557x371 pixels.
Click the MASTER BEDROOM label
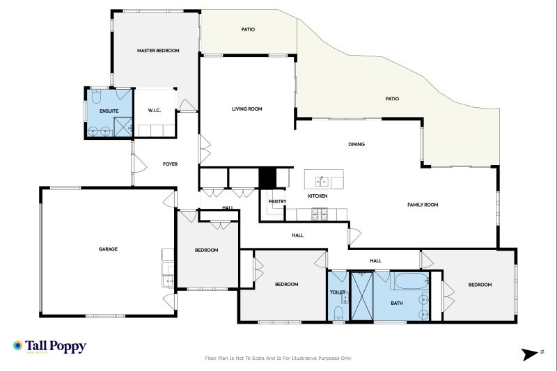click(158, 51)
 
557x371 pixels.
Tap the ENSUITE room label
click(109, 111)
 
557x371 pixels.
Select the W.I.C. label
click(155, 111)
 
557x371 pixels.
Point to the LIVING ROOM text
click(246, 109)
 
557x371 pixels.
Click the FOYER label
click(171, 164)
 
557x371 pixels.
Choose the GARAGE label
click(107, 248)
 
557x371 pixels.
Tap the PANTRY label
click(278, 202)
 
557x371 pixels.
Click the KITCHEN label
click(317, 196)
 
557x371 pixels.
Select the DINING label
click(356, 145)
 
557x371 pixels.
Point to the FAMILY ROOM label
click(423, 205)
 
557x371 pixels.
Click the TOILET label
click(337, 292)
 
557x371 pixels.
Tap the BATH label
click(397, 303)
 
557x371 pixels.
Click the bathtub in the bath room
click(411, 282)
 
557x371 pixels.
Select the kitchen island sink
click(322, 182)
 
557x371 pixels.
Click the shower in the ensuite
click(123, 127)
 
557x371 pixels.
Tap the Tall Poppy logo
click(49, 346)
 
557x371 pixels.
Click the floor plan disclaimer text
click(278, 358)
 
